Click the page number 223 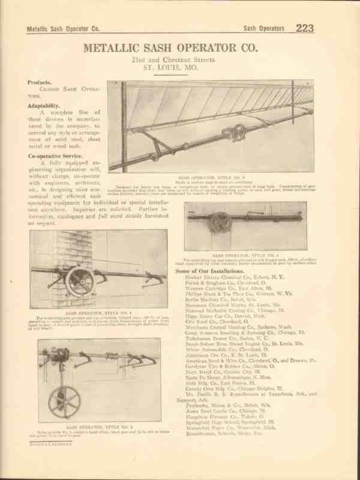[304, 28]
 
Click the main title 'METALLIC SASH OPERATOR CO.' [179, 47]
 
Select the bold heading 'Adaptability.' [44, 104]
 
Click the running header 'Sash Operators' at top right [265, 28]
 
